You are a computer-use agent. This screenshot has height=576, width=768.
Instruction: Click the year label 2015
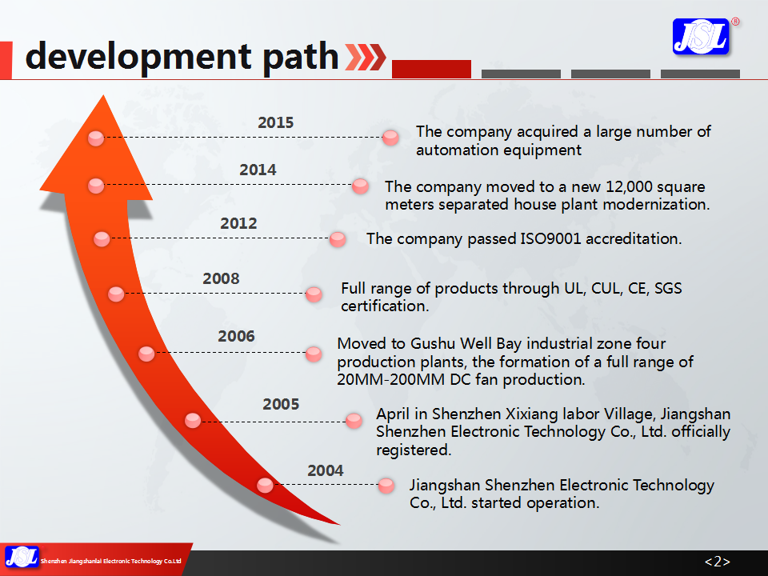275,122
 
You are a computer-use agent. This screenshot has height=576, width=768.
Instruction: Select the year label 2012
238,223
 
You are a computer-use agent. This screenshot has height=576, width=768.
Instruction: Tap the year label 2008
221,278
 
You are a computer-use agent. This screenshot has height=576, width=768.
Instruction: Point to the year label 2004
326,470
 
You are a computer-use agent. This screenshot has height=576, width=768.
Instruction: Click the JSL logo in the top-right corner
702,37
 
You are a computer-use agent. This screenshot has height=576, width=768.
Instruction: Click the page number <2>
717,562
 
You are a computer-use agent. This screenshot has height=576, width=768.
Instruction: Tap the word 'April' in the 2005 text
394,414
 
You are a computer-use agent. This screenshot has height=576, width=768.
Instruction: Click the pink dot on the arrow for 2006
146,353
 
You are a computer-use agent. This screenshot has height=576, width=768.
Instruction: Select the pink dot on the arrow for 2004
265,484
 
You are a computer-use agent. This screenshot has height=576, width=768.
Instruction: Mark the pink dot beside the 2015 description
390,138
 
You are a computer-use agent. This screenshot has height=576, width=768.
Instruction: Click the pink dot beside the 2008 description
314,294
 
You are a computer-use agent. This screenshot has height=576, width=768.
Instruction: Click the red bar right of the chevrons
431,69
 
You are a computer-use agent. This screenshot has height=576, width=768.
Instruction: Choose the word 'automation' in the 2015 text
454,150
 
